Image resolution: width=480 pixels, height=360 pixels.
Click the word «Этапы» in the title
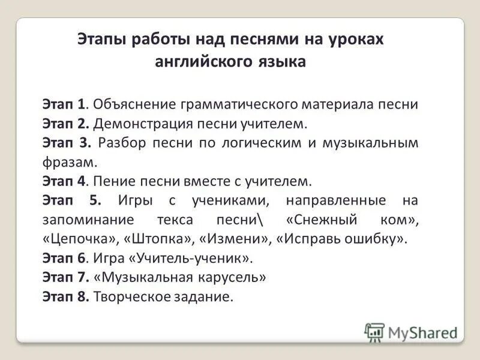point(101,39)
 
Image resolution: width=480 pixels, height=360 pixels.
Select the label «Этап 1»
point(64,104)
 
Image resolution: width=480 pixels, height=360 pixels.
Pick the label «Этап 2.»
point(66,124)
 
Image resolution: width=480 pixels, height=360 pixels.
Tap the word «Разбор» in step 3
point(122,143)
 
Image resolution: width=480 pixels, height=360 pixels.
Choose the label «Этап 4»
point(65,181)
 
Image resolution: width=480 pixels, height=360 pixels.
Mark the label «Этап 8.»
point(66,297)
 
